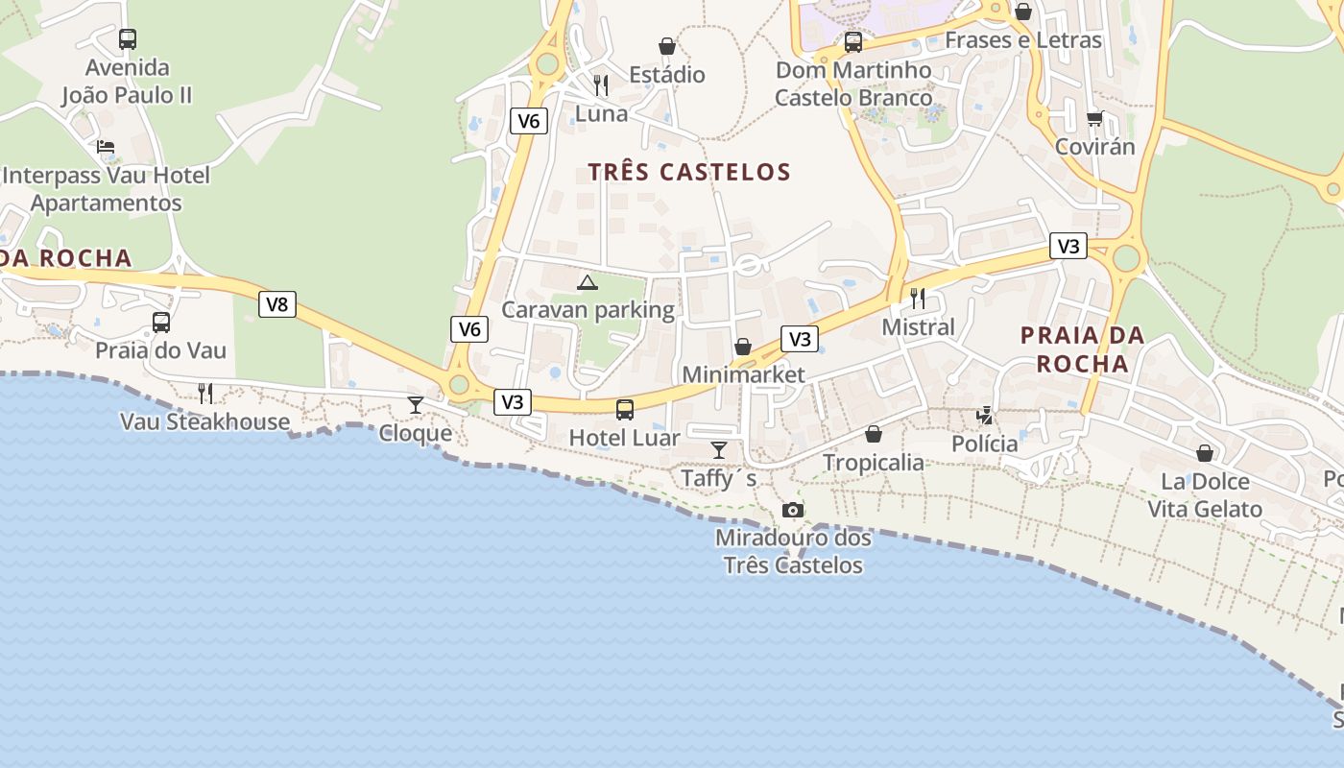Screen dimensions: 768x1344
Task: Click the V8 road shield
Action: [x=276, y=305]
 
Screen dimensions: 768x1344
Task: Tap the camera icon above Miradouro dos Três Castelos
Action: [x=793, y=511]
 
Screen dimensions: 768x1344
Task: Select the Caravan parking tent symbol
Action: [x=587, y=282]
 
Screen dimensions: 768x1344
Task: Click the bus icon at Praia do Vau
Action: [x=161, y=323]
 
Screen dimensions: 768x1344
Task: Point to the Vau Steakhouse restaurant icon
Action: [x=205, y=393]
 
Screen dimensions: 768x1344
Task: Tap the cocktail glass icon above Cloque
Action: [x=416, y=405]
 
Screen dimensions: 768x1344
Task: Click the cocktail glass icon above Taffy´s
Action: [x=719, y=450]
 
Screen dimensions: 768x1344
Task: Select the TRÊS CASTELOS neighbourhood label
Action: [x=689, y=173]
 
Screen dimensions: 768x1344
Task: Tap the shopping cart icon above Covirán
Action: [x=1094, y=119]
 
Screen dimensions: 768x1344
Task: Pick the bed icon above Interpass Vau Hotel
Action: [x=106, y=147]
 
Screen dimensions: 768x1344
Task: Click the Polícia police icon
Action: [x=985, y=416]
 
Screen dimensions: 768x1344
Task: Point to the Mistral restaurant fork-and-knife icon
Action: [x=918, y=299]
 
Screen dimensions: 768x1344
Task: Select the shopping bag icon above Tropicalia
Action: [x=874, y=434]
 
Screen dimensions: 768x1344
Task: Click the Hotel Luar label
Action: [x=624, y=438]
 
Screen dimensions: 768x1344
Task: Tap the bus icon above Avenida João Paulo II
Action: [x=128, y=39]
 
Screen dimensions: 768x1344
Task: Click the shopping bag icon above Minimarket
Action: [x=743, y=347]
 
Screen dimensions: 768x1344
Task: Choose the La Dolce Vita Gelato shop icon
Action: [x=1205, y=453]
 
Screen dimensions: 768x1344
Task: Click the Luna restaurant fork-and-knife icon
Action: [x=601, y=85]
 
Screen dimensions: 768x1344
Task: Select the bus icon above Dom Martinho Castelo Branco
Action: [x=853, y=42]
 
